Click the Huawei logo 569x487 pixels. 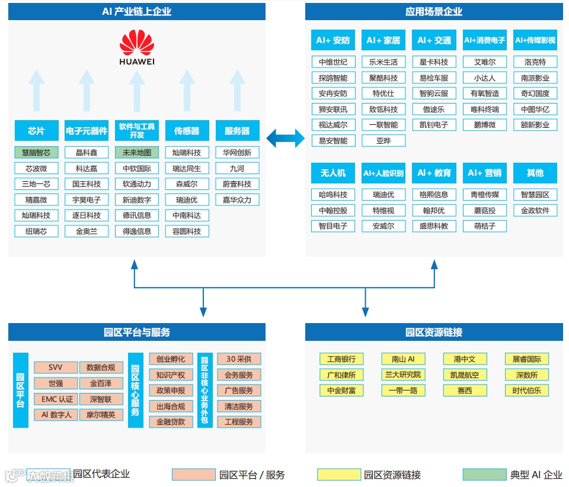(137, 47)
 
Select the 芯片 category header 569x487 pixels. (36, 131)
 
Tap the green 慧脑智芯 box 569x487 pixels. (36, 153)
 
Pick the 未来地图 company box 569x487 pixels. (137, 153)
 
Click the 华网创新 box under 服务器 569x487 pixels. (237, 153)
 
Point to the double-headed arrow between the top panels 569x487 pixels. (285, 138)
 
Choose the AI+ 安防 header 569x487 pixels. (333, 40)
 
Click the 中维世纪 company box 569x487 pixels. (333, 62)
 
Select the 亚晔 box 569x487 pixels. (383, 141)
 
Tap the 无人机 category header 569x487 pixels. (333, 173)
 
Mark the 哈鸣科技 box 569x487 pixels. (333, 195)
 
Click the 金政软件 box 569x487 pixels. (535, 211)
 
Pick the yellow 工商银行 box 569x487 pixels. (341, 359)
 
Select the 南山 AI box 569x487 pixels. (403, 359)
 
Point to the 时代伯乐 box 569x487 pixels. (527, 391)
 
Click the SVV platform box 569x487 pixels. (56, 367)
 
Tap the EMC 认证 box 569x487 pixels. (56, 399)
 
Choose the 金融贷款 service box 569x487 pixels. (171, 422)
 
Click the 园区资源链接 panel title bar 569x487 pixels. (434, 332)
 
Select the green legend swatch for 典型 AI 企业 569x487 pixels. (484, 475)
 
